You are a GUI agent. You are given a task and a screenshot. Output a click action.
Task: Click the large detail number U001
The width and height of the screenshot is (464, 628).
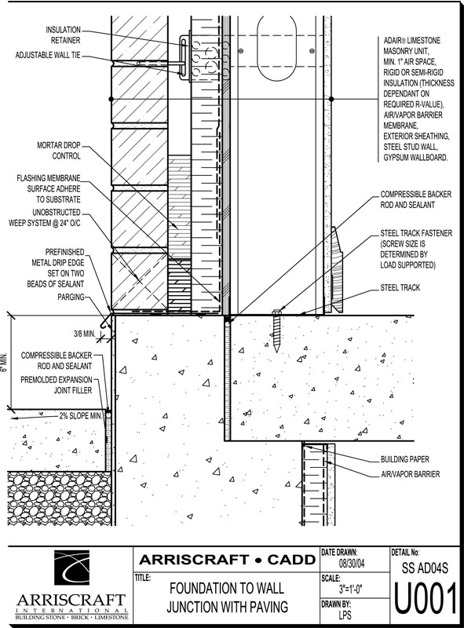426,599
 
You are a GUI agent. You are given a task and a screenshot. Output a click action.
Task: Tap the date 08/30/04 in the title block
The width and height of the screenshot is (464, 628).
352,564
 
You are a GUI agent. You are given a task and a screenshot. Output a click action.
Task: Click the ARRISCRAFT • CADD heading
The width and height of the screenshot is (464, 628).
227,560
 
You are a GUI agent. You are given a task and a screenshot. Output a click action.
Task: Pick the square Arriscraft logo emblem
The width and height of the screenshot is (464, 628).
71,568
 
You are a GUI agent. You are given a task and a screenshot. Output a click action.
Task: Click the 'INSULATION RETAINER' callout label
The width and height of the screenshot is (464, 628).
63,35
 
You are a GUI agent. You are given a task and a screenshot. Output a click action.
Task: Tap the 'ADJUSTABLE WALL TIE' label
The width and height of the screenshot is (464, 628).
48,55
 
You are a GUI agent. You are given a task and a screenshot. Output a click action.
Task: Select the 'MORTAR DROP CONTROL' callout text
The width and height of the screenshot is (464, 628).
59,151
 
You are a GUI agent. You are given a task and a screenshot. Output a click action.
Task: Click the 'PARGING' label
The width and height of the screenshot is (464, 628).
71,297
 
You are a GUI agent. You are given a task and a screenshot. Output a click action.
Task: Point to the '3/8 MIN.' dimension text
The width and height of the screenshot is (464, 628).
84,333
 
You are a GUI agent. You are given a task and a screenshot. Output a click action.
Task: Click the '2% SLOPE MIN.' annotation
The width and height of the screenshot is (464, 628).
82,416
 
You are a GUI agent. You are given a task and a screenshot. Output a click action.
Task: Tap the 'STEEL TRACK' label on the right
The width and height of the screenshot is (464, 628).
400,287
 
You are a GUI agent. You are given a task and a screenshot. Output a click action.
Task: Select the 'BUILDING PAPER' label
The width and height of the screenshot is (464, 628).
404,459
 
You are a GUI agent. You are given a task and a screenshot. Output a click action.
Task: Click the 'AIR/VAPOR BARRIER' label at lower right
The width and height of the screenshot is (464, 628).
410,474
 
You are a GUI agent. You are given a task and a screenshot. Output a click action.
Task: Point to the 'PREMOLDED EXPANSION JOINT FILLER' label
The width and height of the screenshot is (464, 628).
57,385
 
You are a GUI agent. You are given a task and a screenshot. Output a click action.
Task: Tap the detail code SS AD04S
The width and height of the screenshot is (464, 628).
425,568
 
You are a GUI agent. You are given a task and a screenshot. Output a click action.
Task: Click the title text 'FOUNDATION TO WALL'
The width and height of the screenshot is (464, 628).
227,588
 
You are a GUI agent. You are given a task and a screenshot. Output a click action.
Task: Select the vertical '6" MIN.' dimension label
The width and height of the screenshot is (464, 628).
4,363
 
